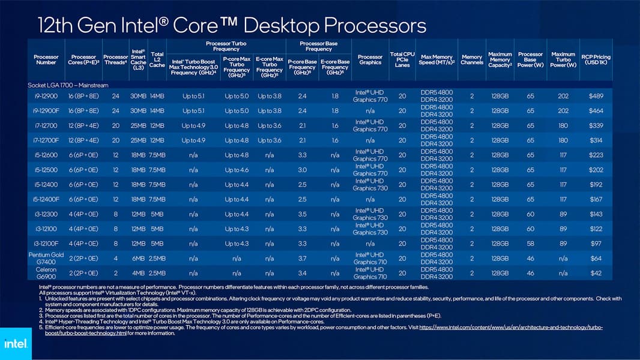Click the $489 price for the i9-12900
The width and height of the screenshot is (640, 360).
pos(596,96)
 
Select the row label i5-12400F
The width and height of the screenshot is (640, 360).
pos(46,199)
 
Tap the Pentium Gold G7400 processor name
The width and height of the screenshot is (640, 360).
pos(46,258)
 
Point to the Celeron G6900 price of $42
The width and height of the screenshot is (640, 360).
pos(596,273)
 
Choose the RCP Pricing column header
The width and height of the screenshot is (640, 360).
pos(596,60)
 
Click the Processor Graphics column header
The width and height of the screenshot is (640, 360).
pos(370,59)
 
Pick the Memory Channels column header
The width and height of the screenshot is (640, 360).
pos(472,59)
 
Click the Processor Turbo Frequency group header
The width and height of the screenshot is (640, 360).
pos(226,46)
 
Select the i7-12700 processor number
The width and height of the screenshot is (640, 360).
pos(46,125)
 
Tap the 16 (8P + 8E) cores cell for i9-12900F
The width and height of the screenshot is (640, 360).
pos(83,111)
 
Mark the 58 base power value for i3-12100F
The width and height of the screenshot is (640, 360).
pos(530,244)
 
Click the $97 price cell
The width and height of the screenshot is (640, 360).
pos(596,244)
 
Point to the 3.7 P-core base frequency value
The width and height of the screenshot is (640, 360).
pos(302,258)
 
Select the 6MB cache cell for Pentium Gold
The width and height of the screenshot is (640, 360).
pos(138,258)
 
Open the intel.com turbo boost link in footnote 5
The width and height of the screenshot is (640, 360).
pos(510,327)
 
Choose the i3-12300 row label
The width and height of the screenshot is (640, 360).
pos(46,214)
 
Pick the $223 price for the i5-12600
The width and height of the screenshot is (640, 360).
pos(596,155)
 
